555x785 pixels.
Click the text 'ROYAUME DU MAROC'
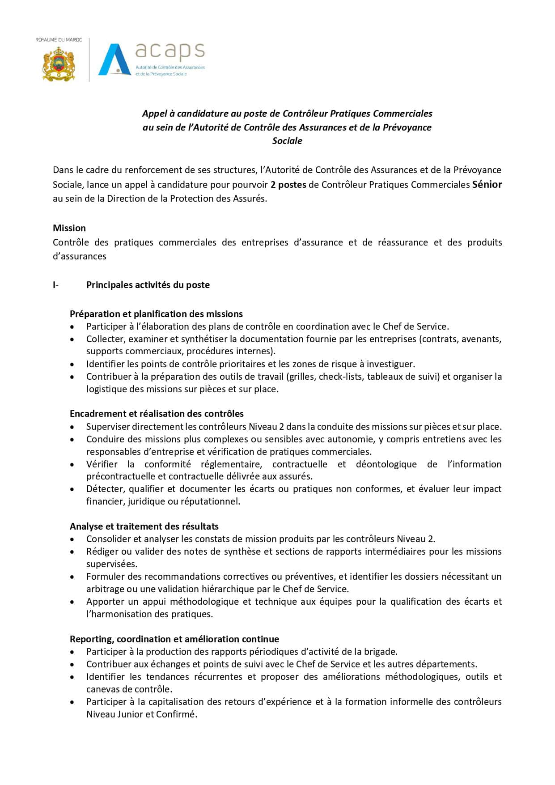(x=59, y=40)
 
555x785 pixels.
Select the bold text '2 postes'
(x=288, y=184)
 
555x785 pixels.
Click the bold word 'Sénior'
(x=487, y=184)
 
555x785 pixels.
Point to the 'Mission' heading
(x=69, y=228)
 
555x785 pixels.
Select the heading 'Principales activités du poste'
(x=148, y=285)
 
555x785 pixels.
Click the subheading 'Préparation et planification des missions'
(x=156, y=314)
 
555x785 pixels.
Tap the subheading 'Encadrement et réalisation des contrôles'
(x=157, y=414)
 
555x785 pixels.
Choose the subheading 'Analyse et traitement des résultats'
(x=144, y=526)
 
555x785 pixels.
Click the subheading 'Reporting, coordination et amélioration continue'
(x=174, y=639)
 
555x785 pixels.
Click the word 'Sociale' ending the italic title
(x=287, y=141)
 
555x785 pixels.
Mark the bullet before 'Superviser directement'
(x=72, y=427)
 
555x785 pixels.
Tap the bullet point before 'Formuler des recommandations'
(x=72, y=577)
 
